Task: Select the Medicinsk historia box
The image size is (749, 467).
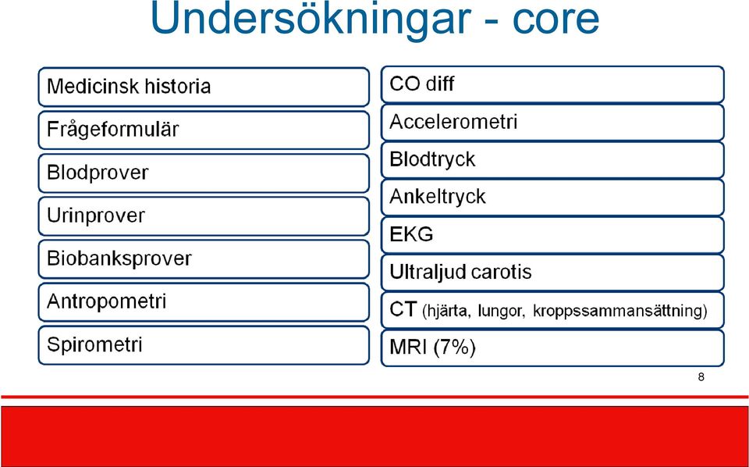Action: (x=204, y=87)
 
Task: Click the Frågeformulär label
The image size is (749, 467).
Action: (x=112, y=130)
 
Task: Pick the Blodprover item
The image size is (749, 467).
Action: (x=204, y=173)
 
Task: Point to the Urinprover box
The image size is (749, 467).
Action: (x=204, y=216)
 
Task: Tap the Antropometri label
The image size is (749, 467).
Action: (x=107, y=301)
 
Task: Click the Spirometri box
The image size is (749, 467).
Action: (x=204, y=345)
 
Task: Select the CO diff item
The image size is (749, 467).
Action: (x=552, y=84)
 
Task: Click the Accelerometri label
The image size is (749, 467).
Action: (x=453, y=122)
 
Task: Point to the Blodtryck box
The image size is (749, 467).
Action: (x=552, y=159)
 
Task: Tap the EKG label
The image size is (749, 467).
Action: (x=411, y=234)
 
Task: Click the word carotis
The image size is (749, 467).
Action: (x=501, y=272)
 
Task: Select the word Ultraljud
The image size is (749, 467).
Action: (x=428, y=273)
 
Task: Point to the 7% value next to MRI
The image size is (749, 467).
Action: (x=454, y=348)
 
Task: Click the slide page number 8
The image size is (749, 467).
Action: (x=701, y=377)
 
